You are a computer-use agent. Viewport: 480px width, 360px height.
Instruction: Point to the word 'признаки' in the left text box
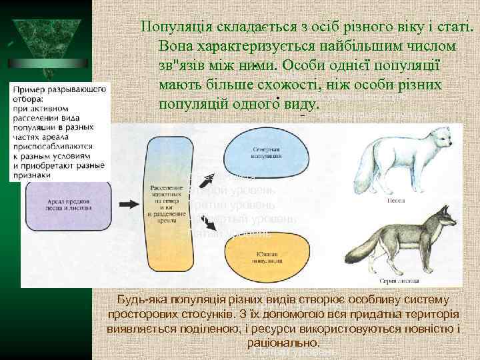point(31,175)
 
